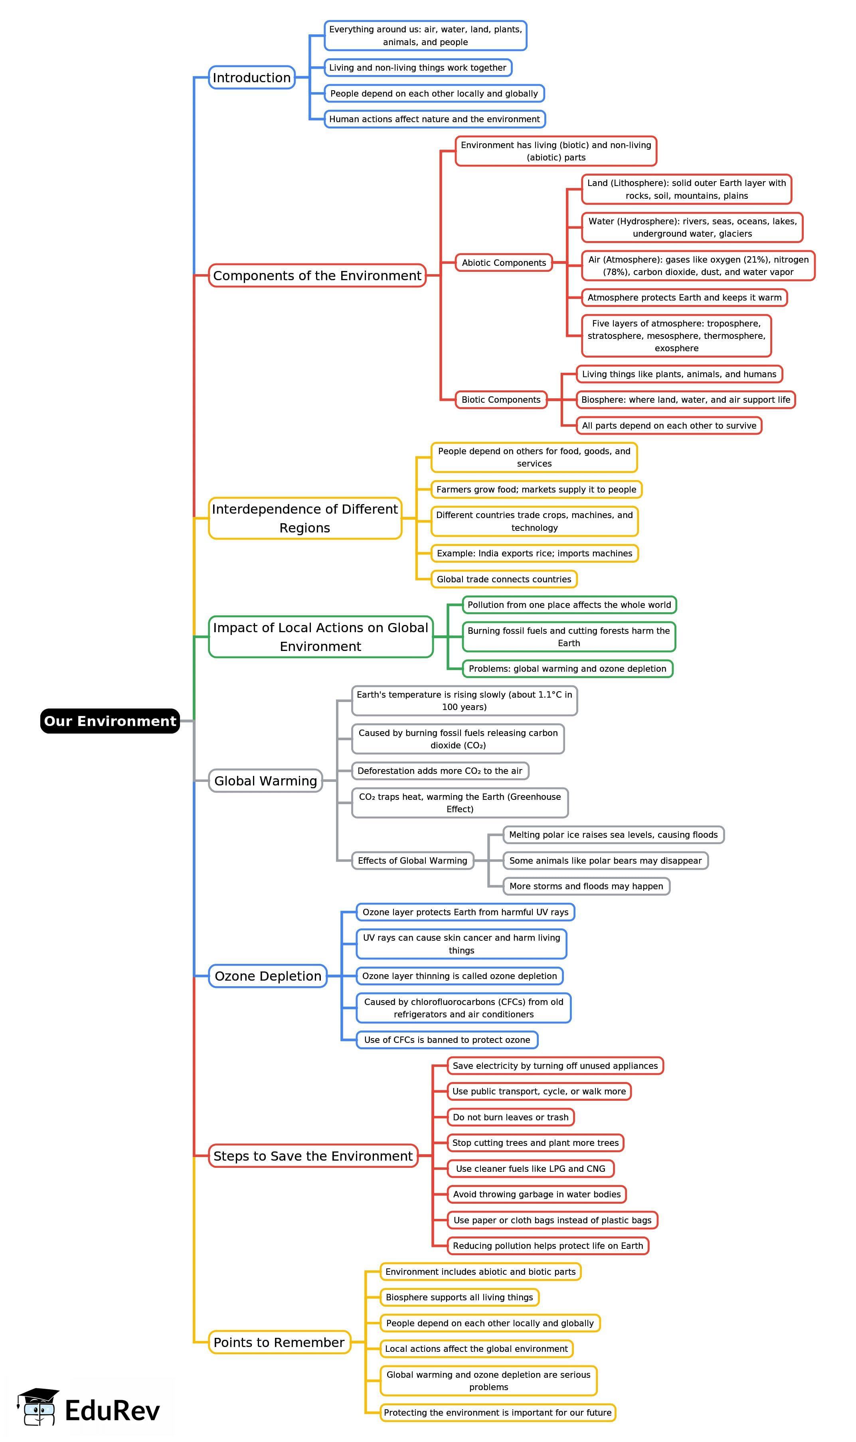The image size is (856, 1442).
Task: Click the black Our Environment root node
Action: click(110, 721)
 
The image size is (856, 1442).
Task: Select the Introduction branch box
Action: click(251, 77)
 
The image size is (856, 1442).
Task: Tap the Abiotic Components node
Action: click(504, 263)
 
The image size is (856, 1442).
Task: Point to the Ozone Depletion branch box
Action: click(268, 976)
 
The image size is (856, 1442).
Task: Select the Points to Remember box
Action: click(279, 1342)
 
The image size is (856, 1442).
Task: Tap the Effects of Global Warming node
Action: click(412, 860)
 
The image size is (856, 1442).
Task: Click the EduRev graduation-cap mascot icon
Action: click(38, 1407)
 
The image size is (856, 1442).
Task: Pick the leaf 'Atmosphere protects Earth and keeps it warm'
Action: click(684, 298)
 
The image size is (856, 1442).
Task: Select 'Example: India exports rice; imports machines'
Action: click(534, 553)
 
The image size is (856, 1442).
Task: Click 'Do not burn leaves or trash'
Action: click(510, 1117)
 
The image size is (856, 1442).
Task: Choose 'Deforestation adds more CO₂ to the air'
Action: click(439, 771)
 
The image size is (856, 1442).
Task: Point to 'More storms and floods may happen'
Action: click(586, 886)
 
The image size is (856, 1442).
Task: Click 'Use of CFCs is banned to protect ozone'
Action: click(447, 1040)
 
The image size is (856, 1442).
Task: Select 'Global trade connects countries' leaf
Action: click(504, 579)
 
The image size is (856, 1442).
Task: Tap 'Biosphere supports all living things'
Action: click(459, 1297)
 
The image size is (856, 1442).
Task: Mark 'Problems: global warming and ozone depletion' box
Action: click(567, 669)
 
